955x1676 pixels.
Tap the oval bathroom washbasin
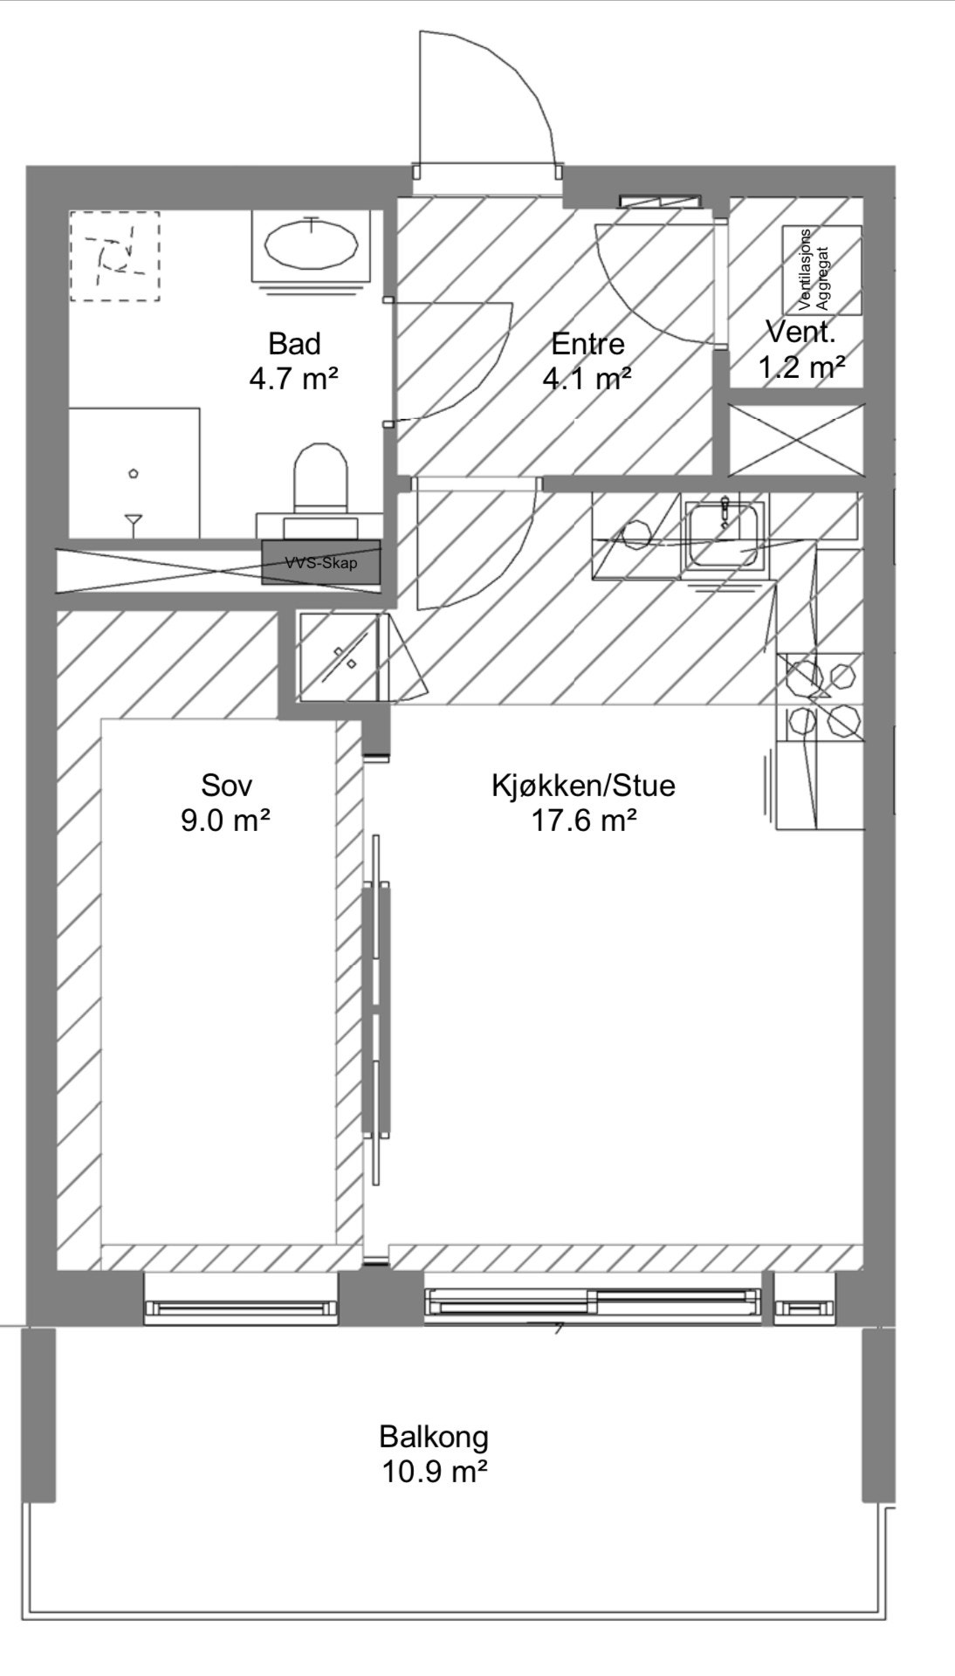(x=312, y=245)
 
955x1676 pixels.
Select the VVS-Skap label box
(x=321, y=562)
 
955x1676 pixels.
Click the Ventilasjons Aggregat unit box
(x=821, y=270)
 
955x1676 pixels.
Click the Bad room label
(x=294, y=343)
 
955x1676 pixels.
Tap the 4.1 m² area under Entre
(x=587, y=379)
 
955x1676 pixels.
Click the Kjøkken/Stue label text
(x=583, y=786)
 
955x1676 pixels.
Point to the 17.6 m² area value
(x=583, y=821)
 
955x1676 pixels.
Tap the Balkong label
(x=434, y=1436)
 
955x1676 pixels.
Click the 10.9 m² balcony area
(x=434, y=1472)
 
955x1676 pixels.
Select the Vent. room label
(x=800, y=332)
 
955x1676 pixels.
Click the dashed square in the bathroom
(x=114, y=256)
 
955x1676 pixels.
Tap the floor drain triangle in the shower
(x=134, y=523)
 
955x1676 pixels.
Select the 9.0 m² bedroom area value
(x=226, y=821)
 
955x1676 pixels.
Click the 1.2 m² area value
(x=800, y=367)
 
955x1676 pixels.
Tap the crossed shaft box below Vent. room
(x=795, y=440)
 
